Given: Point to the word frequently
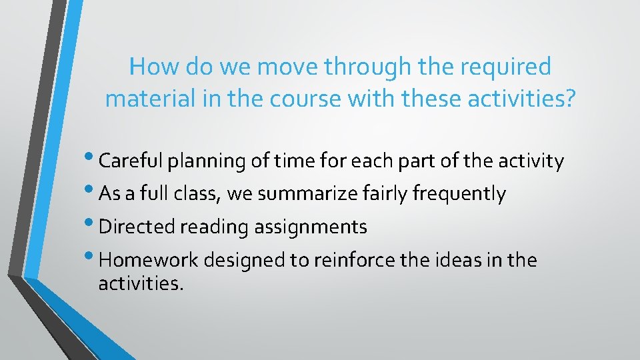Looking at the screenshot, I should pos(459,194).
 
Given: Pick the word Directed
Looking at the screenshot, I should pos(135,227).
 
